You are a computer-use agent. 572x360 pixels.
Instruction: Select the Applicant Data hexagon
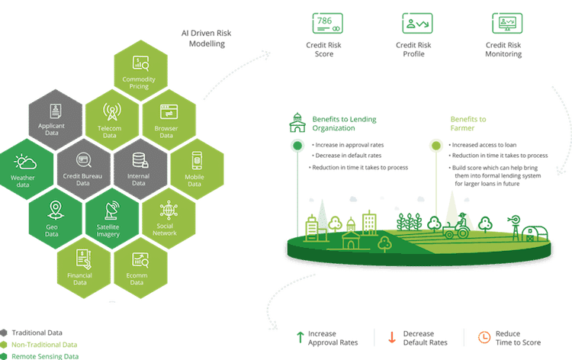[x=55, y=122]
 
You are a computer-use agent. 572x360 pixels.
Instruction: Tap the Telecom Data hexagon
[x=111, y=122]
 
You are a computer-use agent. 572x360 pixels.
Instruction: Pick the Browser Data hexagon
[x=167, y=122]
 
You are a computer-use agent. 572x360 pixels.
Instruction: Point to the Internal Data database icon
[x=140, y=161]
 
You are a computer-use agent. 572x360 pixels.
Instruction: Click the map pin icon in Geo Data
[x=54, y=209]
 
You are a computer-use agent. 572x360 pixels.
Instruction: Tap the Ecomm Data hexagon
[x=139, y=266]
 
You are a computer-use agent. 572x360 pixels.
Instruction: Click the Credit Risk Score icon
[x=328, y=23]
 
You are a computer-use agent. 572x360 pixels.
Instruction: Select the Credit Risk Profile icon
[x=416, y=23]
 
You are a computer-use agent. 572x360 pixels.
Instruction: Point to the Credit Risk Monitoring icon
[x=508, y=23]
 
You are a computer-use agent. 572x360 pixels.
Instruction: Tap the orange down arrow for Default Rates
[x=391, y=338]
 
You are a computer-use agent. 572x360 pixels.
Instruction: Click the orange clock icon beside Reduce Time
[x=482, y=338]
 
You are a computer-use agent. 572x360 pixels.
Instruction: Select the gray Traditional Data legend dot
[x=5, y=333]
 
